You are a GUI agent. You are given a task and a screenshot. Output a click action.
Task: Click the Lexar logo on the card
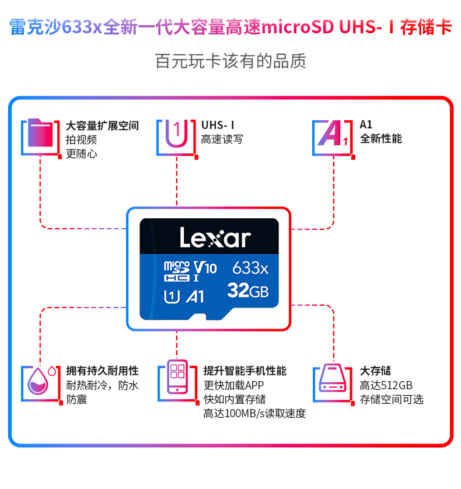click(x=215, y=238)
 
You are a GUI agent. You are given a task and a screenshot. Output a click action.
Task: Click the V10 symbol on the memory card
click(x=205, y=268)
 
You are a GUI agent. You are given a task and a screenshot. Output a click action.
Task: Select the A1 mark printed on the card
click(x=194, y=296)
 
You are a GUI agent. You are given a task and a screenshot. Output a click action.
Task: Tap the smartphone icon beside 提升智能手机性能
click(x=176, y=379)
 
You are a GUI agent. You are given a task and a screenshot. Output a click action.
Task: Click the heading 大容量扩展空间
click(x=102, y=125)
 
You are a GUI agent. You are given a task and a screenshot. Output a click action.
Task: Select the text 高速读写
click(x=222, y=139)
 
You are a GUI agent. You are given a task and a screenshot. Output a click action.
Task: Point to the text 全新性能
click(x=380, y=139)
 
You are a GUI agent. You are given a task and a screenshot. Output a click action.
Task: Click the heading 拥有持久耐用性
click(x=102, y=371)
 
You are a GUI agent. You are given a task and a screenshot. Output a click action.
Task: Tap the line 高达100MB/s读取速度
click(x=254, y=414)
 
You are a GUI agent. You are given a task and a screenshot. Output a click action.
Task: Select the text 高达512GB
click(x=386, y=385)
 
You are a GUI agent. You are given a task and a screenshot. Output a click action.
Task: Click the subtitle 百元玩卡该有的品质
click(x=230, y=61)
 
